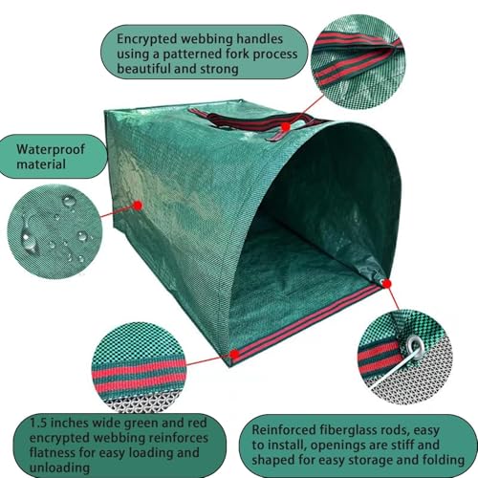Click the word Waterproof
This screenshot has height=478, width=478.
pyautogui.click(x=51, y=150)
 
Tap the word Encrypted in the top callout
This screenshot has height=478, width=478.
pyautogui.click(x=147, y=39)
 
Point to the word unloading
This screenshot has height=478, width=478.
pyautogui.click(x=59, y=467)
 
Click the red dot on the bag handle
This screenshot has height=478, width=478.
pyautogui.click(x=286, y=126)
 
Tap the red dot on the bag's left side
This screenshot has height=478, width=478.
pyautogui.click(x=138, y=206)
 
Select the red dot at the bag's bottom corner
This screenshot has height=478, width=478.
pyautogui.click(x=234, y=354)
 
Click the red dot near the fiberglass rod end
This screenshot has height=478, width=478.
pyautogui.click(x=387, y=283)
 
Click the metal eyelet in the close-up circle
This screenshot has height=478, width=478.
pyautogui.click(x=415, y=344)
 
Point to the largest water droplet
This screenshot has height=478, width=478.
pyautogui.click(x=28, y=237)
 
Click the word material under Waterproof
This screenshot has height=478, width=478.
pyautogui.click(x=41, y=164)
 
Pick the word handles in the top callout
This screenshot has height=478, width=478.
pyautogui.click(x=259, y=39)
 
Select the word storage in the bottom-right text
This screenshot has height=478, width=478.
pyautogui.click(x=372, y=461)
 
